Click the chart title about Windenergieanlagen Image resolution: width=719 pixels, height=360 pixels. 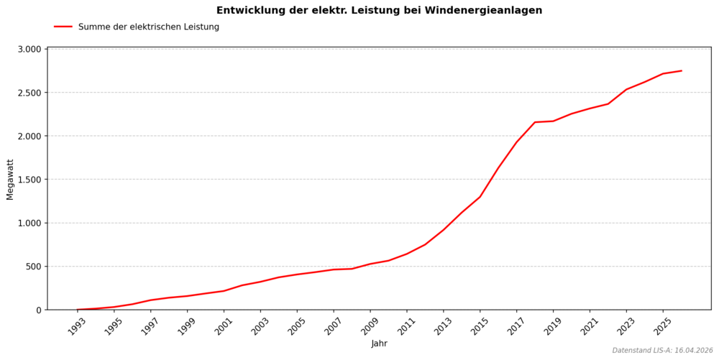tap(379, 11)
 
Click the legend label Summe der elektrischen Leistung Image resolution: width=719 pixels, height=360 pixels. tap(148, 27)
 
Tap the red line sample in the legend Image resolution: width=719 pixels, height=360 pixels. tap(63, 27)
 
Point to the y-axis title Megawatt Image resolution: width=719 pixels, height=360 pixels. tap(10, 179)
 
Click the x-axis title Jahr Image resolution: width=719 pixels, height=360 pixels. tap(379, 343)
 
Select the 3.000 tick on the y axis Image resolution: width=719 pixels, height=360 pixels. tap(29, 50)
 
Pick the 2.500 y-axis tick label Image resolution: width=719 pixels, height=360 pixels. tap(29, 93)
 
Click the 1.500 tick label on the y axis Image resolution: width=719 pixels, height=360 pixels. tap(29, 180)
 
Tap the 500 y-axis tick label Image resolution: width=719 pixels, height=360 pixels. tap(35, 267)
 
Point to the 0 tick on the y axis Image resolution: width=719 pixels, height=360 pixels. tap(40, 310)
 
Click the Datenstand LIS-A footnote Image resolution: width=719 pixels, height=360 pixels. tap(662, 351)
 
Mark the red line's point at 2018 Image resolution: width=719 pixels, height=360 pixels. tap(535, 122)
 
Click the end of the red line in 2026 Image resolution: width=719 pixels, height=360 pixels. tap(681, 71)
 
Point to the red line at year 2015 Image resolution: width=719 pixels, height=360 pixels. tap(480, 197)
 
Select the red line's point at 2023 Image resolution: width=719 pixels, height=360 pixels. tap(626, 90)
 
